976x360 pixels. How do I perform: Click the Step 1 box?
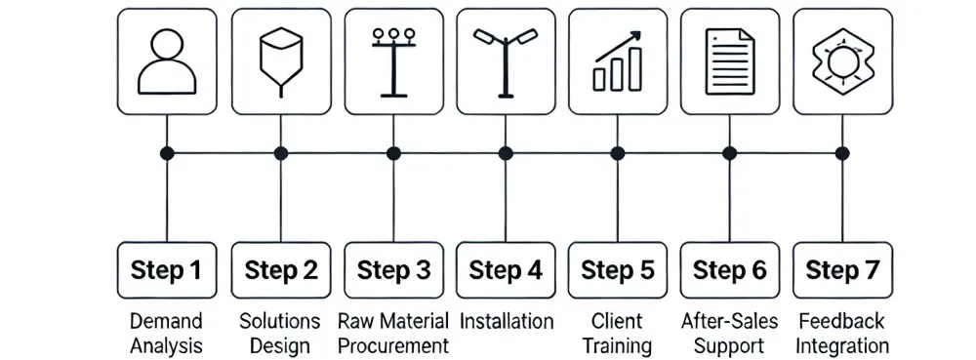pos(168,270)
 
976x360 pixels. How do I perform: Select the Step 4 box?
pos(505,270)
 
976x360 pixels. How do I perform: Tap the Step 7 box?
pos(842,270)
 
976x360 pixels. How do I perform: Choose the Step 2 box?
pos(280,270)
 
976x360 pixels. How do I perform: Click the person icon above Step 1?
pos(167,61)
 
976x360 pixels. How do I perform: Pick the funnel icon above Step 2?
pos(280,61)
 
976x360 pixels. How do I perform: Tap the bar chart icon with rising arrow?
pos(618,61)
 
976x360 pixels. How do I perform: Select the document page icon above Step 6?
pos(731,61)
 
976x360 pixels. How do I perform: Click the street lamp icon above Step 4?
pos(505,61)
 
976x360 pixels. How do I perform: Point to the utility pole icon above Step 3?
pos(392,61)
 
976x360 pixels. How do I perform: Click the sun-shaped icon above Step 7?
pos(842,61)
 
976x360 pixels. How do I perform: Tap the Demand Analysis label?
pos(167,333)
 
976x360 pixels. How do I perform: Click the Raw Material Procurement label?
pos(392,333)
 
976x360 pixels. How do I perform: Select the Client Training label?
pos(618,333)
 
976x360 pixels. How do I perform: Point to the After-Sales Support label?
pos(730,333)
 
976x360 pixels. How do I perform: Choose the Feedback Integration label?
pos(842,333)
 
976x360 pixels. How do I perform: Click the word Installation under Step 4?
pos(506,321)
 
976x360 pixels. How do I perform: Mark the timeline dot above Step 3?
pos(393,153)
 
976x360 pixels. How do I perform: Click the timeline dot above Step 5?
pos(618,153)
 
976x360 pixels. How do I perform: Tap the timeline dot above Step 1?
pos(168,153)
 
